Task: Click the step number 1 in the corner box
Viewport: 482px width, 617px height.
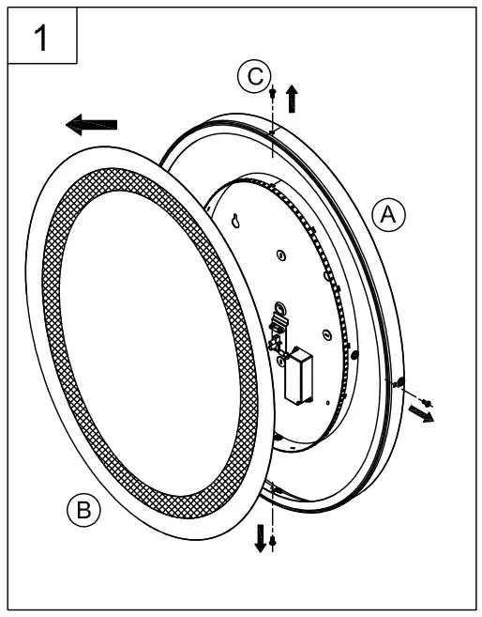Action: (x=40, y=38)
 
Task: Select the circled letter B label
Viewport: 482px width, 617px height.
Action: (x=83, y=510)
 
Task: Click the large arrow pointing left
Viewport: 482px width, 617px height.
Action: (x=92, y=124)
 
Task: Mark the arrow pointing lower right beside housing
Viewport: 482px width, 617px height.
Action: (x=421, y=414)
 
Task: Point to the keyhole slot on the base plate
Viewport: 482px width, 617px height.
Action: (x=236, y=223)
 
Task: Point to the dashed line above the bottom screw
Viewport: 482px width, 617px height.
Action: (x=272, y=512)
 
